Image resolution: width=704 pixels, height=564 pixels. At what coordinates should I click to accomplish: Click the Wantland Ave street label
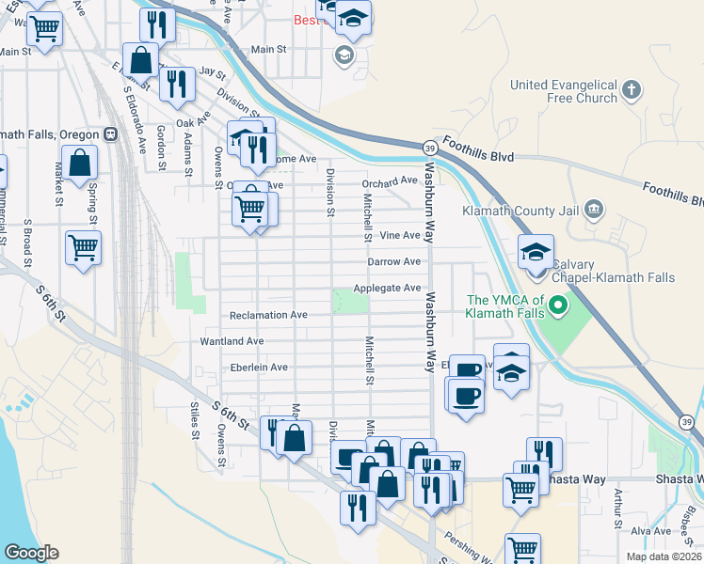pos(232,341)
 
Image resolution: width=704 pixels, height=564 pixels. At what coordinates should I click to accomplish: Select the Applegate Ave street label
pos(386,288)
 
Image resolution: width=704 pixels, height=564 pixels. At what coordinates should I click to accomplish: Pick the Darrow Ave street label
pos(393,261)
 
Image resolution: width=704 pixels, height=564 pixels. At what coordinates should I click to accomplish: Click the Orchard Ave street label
pos(390,180)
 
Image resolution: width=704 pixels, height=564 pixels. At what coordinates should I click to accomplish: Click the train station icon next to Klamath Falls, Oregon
pos(111,133)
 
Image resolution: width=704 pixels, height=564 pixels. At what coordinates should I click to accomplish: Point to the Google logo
pos(31,553)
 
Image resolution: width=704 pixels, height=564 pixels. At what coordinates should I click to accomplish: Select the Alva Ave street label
pos(650,531)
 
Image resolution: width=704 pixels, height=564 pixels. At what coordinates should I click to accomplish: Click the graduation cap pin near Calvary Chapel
pos(536,253)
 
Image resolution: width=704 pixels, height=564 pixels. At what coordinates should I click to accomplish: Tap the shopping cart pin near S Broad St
pos(83,249)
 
